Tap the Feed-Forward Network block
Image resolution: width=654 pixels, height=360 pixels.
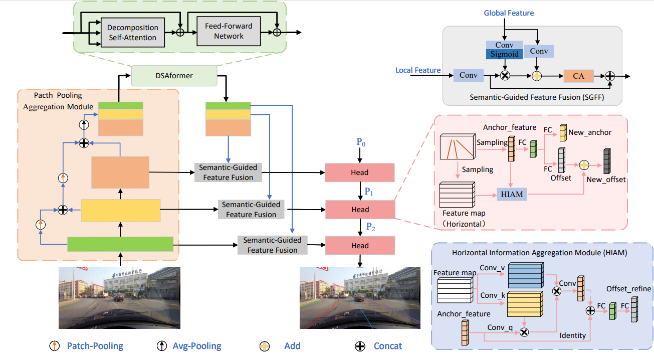229,32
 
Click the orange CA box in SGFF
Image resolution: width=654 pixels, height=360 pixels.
578,76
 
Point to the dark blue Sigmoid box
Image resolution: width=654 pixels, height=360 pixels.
505,54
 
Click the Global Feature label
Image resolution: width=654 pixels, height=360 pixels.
509,13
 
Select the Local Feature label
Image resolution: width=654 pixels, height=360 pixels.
418,70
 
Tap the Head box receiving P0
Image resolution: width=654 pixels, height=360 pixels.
360,172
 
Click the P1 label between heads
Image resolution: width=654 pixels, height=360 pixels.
369,191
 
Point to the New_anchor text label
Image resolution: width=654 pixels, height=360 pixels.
590,132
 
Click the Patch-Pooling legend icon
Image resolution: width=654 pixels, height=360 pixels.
54,346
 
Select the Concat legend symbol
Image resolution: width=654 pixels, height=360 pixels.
360,346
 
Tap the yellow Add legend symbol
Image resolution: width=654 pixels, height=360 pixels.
265,346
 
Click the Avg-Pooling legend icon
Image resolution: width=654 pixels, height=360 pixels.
161,346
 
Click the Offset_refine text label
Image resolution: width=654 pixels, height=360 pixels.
628,289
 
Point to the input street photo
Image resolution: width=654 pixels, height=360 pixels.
119,297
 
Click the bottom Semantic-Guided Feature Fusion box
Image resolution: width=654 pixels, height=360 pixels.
272,245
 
